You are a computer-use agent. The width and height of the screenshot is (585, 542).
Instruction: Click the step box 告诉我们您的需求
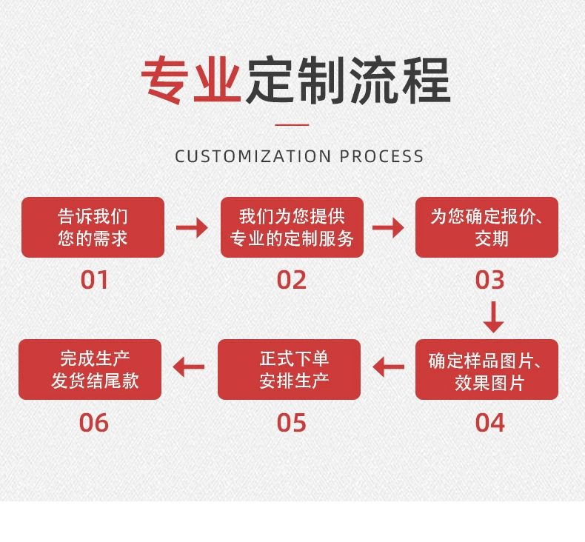93,227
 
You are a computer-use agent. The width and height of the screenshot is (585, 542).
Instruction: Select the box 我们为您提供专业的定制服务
292,227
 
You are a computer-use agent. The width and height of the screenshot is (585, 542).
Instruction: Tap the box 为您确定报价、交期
487,227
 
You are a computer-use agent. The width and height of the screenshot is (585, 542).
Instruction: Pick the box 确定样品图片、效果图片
487,370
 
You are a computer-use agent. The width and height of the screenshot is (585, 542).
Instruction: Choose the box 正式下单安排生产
289,369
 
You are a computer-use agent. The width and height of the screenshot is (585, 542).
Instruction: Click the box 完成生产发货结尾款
90,369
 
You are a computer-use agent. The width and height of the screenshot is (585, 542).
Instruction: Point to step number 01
95,281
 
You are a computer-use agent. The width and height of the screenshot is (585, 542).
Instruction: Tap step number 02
292,281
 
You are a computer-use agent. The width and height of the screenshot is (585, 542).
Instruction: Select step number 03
489,281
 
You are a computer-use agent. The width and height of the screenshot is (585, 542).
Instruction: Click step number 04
489,423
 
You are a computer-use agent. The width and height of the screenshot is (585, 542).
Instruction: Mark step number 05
292,423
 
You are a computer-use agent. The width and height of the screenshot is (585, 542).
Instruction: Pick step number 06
94,423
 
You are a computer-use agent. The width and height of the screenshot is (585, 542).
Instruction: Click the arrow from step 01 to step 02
192,227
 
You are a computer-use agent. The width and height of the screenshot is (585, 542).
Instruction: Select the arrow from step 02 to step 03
388,227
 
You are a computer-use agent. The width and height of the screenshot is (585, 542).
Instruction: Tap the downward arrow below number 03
493,316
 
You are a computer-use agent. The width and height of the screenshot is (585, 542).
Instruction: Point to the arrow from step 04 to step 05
388,367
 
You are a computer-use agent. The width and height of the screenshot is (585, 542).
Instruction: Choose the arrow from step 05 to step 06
189,367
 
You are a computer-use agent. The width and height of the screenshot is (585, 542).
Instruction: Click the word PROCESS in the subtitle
382,156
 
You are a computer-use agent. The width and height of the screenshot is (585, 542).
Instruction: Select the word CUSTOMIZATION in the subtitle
253,156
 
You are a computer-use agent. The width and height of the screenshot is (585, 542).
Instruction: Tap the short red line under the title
291,125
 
